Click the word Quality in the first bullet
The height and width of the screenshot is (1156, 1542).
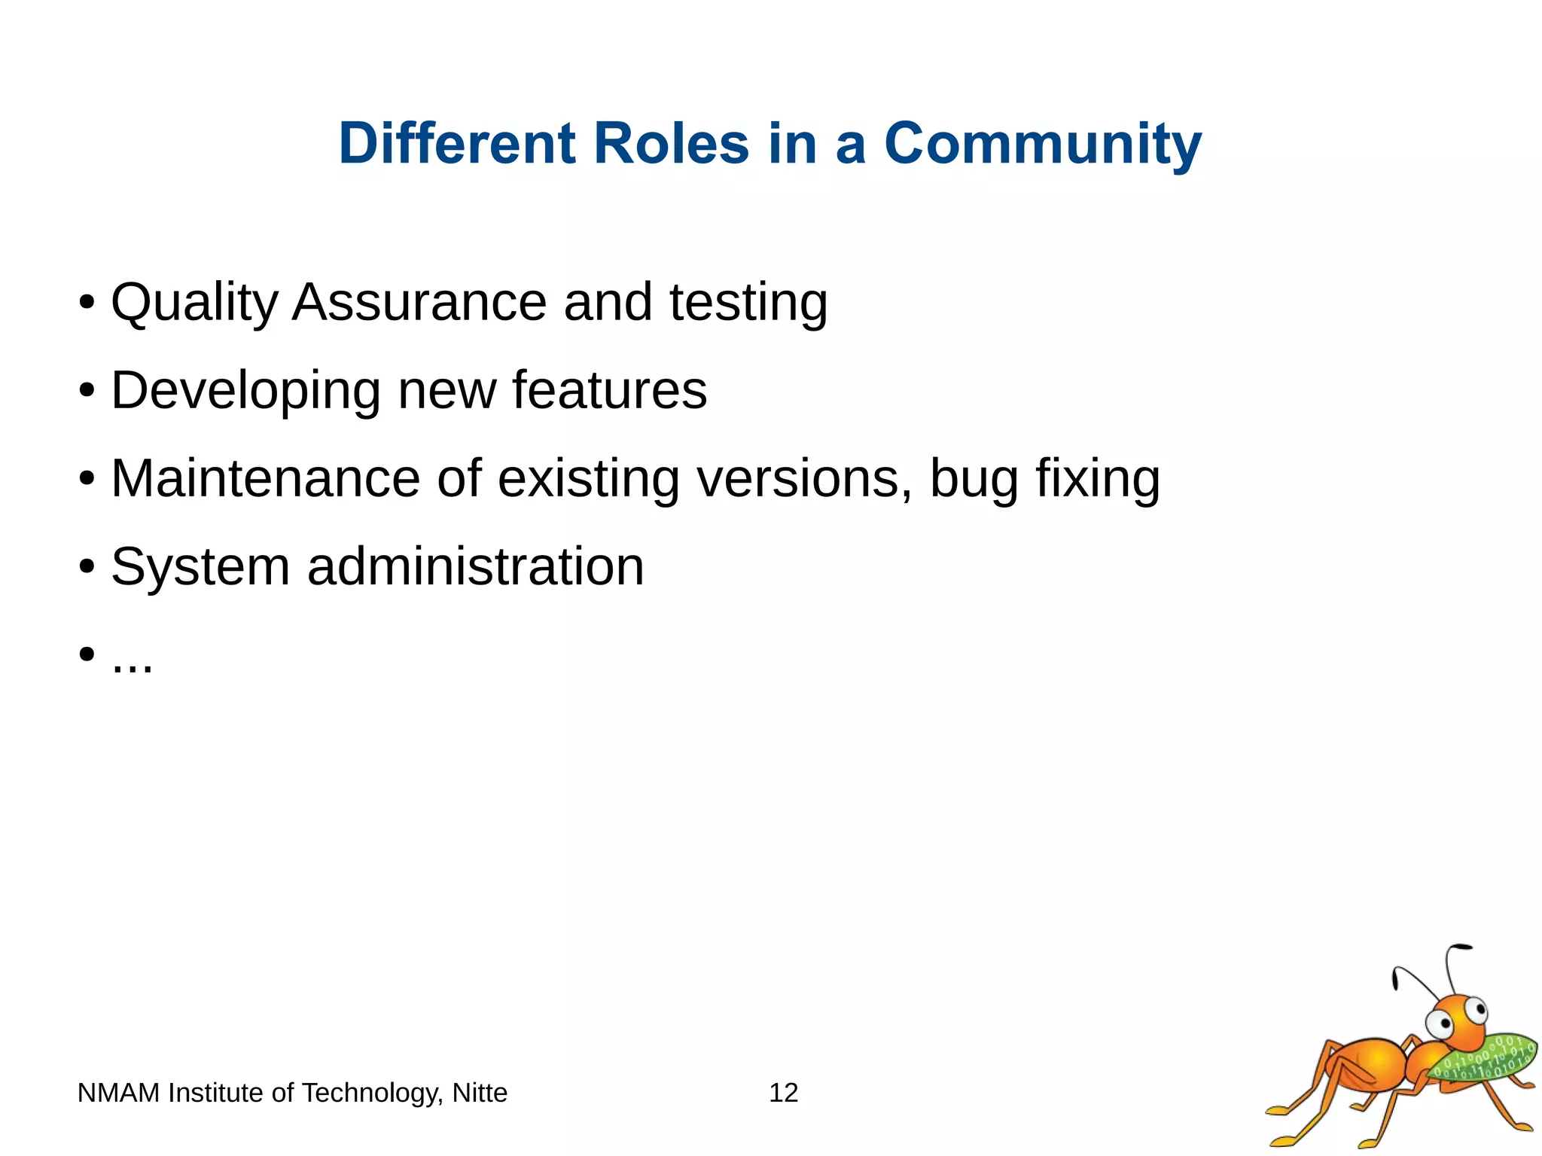point(194,303)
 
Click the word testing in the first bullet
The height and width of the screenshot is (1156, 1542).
point(748,303)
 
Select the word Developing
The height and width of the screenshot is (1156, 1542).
point(245,392)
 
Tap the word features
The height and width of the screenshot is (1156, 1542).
point(609,390)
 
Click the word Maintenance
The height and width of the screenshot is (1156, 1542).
point(265,478)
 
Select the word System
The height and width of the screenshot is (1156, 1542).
point(200,567)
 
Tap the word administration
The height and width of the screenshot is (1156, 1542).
point(475,566)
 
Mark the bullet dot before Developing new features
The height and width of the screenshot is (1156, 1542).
point(87,391)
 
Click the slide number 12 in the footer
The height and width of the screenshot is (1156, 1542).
point(783,1093)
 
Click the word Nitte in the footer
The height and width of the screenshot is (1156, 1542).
point(480,1093)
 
